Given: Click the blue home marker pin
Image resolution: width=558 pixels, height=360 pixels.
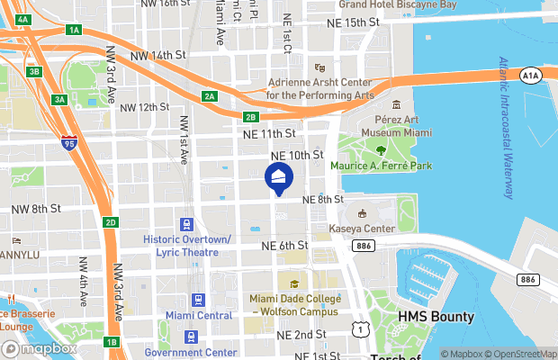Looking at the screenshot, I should (278, 177).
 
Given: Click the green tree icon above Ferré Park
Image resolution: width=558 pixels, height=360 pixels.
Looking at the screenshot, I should (381, 149).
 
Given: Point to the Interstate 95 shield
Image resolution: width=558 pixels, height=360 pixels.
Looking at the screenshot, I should (70, 142).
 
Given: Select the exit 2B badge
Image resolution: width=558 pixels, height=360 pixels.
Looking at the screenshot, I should (251, 116).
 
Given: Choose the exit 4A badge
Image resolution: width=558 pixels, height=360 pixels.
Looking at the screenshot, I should (23, 19).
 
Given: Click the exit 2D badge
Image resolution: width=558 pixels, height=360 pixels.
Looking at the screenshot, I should (110, 222).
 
